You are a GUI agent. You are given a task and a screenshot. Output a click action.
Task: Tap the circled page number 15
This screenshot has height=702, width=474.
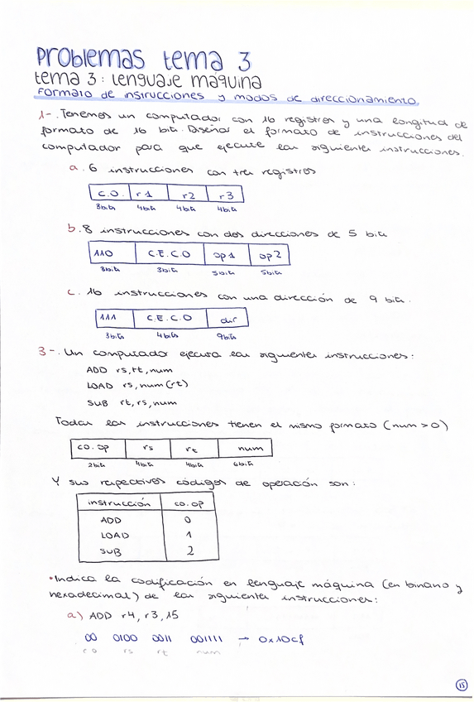461,684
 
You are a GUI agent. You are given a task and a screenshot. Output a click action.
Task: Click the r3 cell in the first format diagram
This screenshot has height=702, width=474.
227,195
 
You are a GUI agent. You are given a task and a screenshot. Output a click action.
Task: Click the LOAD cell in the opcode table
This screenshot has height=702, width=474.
114,535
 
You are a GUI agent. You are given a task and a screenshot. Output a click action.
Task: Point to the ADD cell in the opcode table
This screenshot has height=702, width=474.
111,519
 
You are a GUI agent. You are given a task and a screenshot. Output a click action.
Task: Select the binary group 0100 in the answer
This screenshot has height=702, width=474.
124,638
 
